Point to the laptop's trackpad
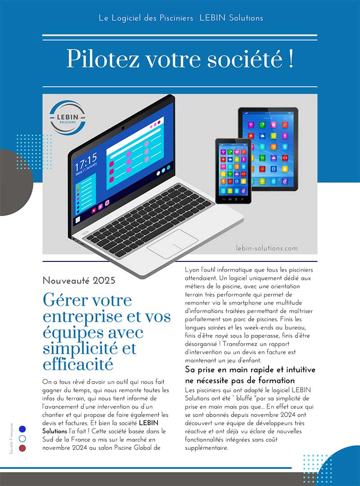coord(172,243)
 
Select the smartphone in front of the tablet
coord(233,171)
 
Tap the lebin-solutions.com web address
coord(267,248)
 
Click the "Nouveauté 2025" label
coord(79,280)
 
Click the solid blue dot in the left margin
coord(22,429)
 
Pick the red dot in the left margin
coord(22,448)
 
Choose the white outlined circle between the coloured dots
coord(22,439)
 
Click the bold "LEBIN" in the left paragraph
coord(148,423)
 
